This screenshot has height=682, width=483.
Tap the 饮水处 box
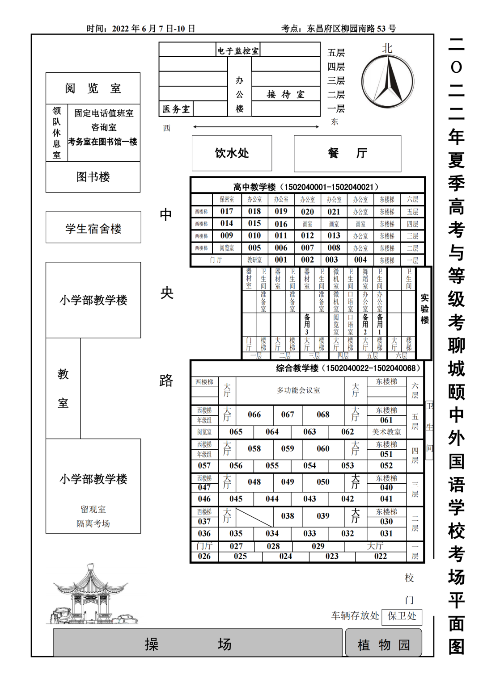pyautogui.click(x=232, y=153)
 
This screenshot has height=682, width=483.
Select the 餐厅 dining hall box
pyautogui.click(x=347, y=153)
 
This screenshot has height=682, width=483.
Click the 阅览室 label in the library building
pyautogui.click(x=93, y=88)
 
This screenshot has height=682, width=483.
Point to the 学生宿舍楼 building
pyautogui.click(x=93, y=229)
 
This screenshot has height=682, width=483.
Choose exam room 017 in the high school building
pyautogui.click(x=227, y=211)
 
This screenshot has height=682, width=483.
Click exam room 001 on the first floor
pyautogui.click(x=281, y=259)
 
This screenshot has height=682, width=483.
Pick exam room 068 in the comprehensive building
pyautogui.click(x=323, y=414)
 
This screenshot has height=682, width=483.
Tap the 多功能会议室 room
pyautogui.click(x=298, y=390)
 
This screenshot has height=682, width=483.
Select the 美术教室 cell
pyautogui.click(x=386, y=432)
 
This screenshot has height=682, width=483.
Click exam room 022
pyautogui.click(x=381, y=556)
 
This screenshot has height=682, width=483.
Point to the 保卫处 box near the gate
pyautogui.click(x=402, y=616)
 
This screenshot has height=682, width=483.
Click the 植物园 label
pyautogui.click(x=383, y=644)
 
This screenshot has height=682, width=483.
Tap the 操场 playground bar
pyautogui.click(x=197, y=644)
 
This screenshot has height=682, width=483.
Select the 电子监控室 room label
pyautogui.click(x=238, y=51)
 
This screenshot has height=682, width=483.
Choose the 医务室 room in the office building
pyautogui.click(x=176, y=109)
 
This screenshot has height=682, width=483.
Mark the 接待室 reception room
pyautogui.click(x=285, y=94)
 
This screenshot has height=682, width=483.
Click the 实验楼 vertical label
pyautogui.click(x=424, y=309)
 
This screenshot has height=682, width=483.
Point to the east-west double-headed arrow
pyautogui.click(x=256, y=127)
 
